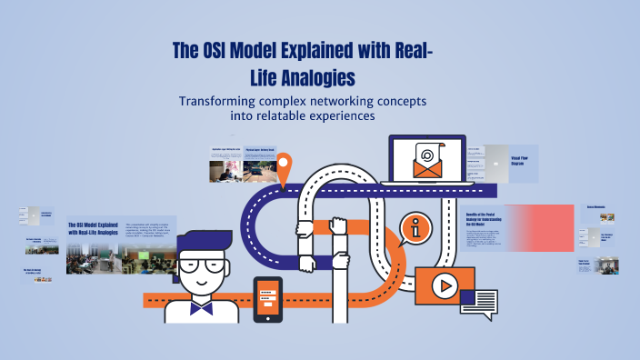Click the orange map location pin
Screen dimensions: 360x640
click(x=285, y=168)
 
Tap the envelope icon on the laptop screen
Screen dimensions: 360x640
click(x=426, y=165)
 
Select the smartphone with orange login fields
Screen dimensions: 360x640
click(x=267, y=299)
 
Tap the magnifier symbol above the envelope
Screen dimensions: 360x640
click(x=426, y=154)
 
